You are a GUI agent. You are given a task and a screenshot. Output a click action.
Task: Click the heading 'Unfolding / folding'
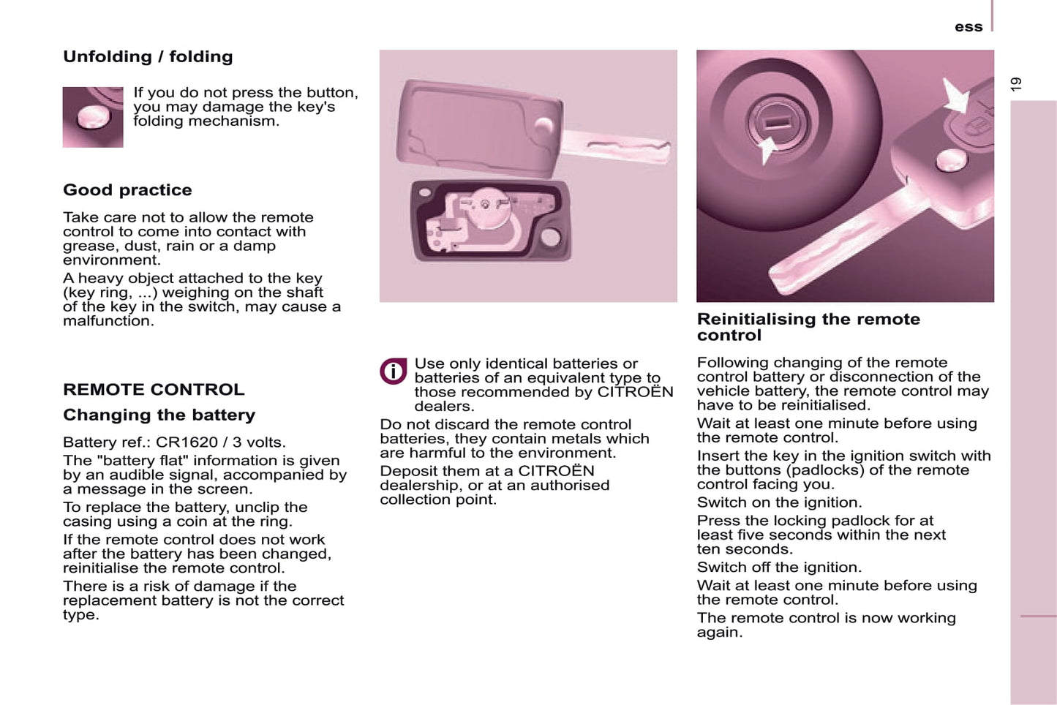point(148,56)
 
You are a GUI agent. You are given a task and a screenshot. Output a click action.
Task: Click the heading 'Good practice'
point(127,189)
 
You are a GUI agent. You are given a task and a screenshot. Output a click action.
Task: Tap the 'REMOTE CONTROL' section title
point(154,389)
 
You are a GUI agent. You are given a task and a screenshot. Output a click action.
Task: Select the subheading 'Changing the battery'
point(159,415)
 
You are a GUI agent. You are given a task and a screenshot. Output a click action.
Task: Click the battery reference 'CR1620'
point(187,442)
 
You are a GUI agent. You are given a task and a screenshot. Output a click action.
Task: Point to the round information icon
point(393,372)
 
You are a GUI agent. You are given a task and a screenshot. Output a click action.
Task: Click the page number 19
point(1016,84)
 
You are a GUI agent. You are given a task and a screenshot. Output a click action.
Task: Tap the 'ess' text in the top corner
point(968,27)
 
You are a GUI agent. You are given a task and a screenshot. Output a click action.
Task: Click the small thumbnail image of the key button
point(93,117)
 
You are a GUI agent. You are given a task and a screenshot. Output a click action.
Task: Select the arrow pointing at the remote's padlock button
point(955,96)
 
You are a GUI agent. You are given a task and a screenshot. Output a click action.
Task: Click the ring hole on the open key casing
point(550,237)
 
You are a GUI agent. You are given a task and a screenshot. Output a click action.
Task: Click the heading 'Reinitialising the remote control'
point(808,327)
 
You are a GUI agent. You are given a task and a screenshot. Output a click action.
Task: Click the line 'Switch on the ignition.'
point(780,502)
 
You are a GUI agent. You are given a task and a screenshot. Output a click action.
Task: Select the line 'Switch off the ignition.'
point(780,567)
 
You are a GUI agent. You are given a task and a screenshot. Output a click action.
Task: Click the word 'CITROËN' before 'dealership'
point(557,470)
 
